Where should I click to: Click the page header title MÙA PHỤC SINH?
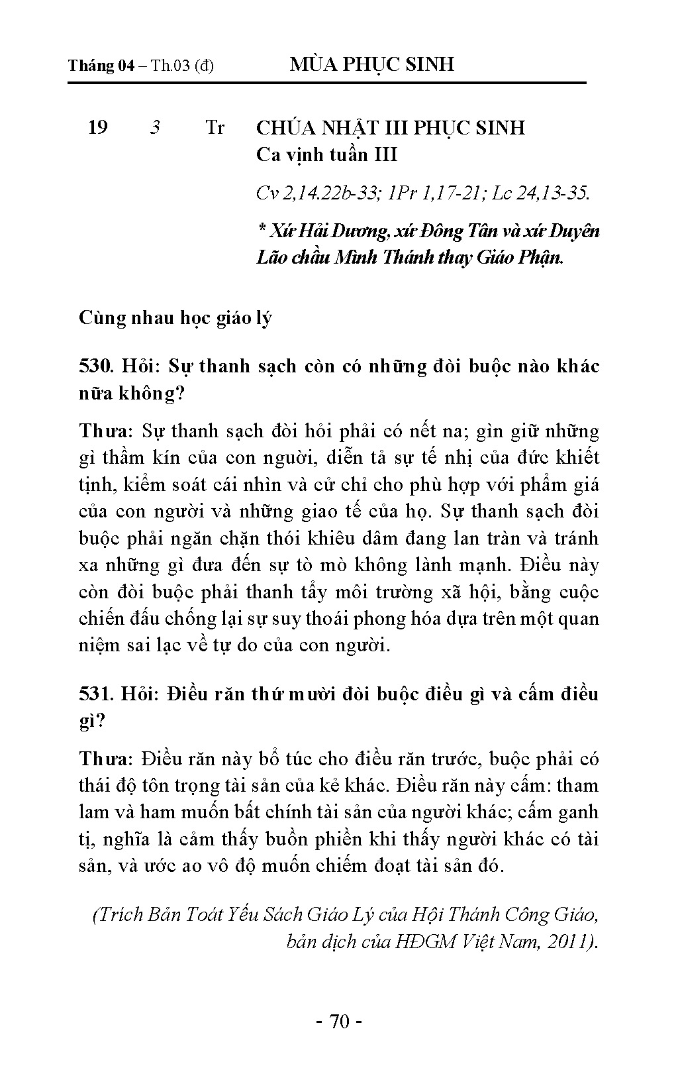372,64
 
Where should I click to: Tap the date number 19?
98,127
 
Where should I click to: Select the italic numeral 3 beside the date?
155,127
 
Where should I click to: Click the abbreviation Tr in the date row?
215,127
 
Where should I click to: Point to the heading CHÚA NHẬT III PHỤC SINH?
390,127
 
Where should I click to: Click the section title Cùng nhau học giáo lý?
175,317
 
